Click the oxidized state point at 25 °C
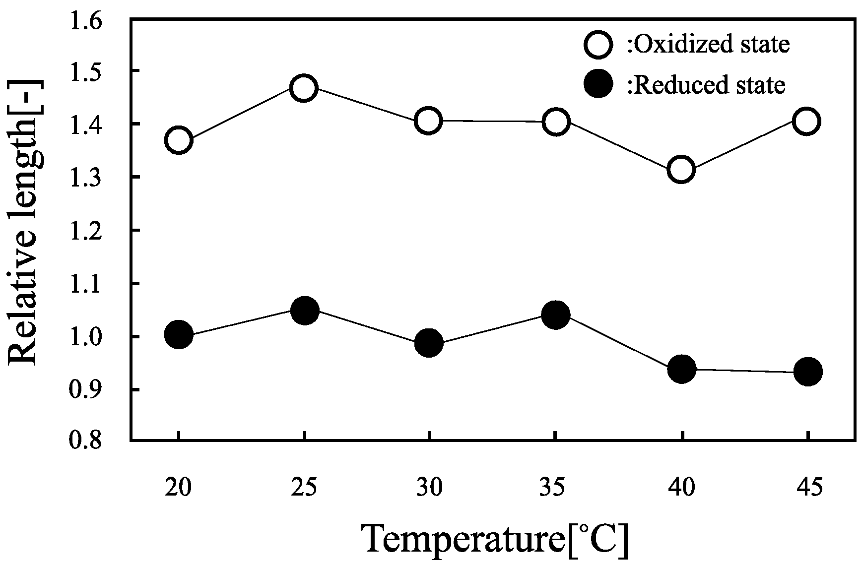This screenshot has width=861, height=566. pos(304,88)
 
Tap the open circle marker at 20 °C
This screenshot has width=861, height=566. pos(179,140)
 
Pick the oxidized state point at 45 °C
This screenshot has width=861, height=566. pos(806,121)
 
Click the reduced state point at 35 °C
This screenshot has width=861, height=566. pos(555,314)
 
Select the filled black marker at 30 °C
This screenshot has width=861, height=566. pos(429,342)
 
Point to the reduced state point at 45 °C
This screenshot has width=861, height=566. pos(808,371)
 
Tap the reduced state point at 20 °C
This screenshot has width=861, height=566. pos(179,334)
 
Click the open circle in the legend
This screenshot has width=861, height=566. pos(598,44)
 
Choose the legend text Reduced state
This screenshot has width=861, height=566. pos(707,85)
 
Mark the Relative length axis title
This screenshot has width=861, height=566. pos(25,222)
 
